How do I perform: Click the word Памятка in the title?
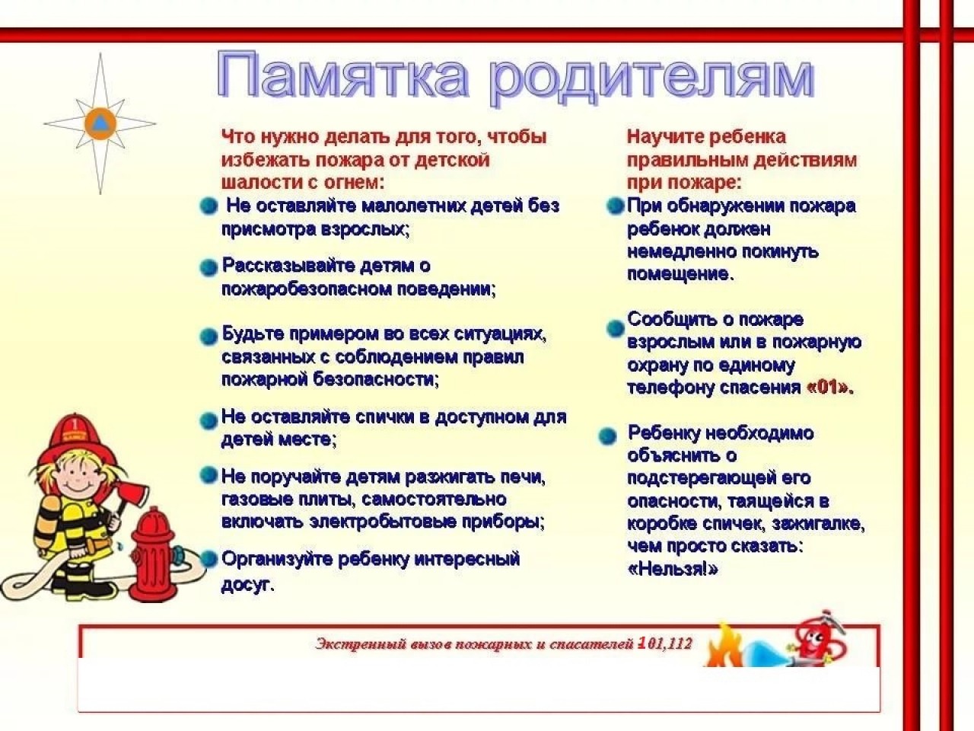coord(342,75)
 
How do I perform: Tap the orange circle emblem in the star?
coord(100,124)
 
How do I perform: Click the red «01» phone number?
coord(828,388)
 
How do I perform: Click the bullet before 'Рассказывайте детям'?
coord(208,268)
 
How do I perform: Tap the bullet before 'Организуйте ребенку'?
coord(208,558)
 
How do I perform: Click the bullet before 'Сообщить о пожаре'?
coord(615,328)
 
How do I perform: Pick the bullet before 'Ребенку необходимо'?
coord(607,436)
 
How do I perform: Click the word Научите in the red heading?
coord(661,137)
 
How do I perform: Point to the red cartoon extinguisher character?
coord(819,638)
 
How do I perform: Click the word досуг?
coord(247,585)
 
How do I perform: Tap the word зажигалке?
coord(818,524)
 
